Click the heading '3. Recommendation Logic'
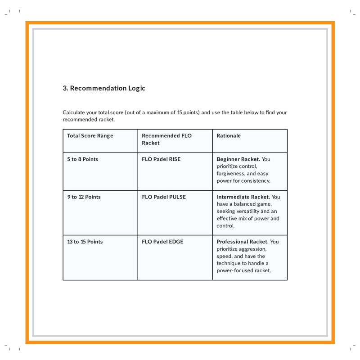pyautogui.click(x=104, y=88)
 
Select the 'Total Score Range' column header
pyautogui.click(x=90, y=136)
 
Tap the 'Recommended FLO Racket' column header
pyautogui.click(x=166, y=139)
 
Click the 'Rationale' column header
pyautogui.click(x=229, y=136)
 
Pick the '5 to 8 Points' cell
pyautogui.click(x=82, y=159)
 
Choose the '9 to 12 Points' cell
pyautogui.click(x=84, y=197)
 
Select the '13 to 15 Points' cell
pyautogui.click(x=85, y=242)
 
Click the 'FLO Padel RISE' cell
pyautogui.click(x=161, y=159)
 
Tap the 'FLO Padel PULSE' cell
pyautogui.click(x=164, y=197)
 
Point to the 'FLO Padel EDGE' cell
pyautogui.click(x=162, y=242)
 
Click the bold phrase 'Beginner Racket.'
pyautogui.click(x=238, y=159)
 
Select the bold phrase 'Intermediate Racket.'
pyautogui.click(x=243, y=197)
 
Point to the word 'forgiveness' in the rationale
pyautogui.click(x=230, y=174)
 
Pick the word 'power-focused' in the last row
pyautogui.click(x=235, y=270)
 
